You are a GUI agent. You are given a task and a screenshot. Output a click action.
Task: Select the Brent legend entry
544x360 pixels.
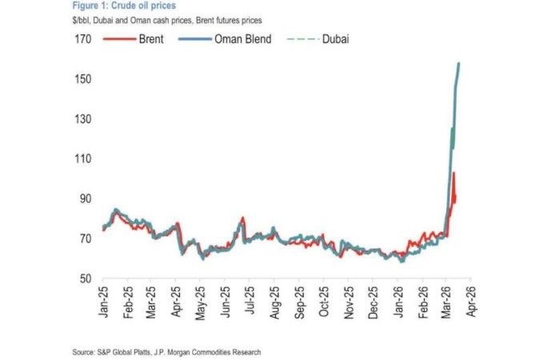(153, 38)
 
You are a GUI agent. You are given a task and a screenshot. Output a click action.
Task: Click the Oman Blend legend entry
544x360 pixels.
(245, 38)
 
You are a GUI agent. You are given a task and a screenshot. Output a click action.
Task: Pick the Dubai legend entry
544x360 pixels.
(336, 38)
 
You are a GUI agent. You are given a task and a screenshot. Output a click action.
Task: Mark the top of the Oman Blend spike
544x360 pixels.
(458, 63)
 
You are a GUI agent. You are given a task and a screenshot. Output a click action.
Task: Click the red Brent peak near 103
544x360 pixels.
(453, 173)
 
